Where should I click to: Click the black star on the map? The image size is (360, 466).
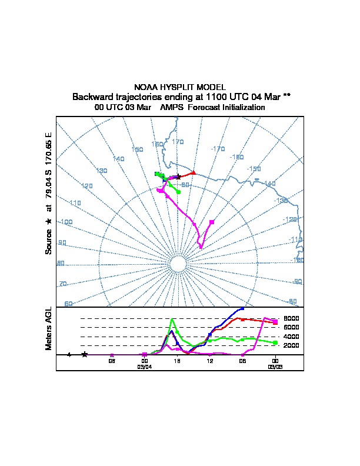click(x=178, y=177)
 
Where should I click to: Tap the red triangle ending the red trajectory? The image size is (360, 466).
click(x=194, y=173)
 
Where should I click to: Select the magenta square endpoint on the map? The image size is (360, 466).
click(x=212, y=222)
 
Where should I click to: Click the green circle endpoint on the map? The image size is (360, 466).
click(x=178, y=192)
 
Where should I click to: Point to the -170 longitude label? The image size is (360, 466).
click(x=218, y=149)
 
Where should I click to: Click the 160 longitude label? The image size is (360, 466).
click(x=157, y=144)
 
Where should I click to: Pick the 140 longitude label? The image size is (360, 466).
click(x=119, y=159)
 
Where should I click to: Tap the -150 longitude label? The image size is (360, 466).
click(x=254, y=169)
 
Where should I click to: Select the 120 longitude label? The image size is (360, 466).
click(x=87, y=186)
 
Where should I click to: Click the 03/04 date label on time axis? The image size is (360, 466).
click(x=145, y=367)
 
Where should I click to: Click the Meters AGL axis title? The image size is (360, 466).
click(x=49, y=328)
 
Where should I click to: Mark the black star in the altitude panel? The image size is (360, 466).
click(x=85, y=354)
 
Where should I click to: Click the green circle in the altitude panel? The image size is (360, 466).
click(x=275, y=342)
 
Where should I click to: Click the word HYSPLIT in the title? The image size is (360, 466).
click(x=177, y=87)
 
